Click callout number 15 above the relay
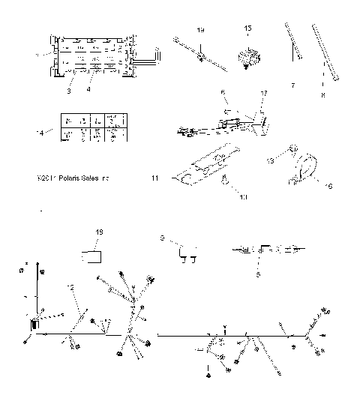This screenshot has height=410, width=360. click(x=248, y=28)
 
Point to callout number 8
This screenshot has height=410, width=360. click(x=324, y=96)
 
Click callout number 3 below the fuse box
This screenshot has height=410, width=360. click(x=68, y=91)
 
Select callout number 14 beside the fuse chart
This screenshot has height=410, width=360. click(x=40, y=132)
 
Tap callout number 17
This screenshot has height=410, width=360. click(x=263, y=93)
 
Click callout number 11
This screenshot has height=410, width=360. click(x=154, y=179)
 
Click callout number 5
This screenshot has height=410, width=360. click(x=259, y=274)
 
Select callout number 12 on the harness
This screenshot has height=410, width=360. click(x=69, y=288)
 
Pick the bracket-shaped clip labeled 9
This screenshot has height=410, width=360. click(x=185, y=255)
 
